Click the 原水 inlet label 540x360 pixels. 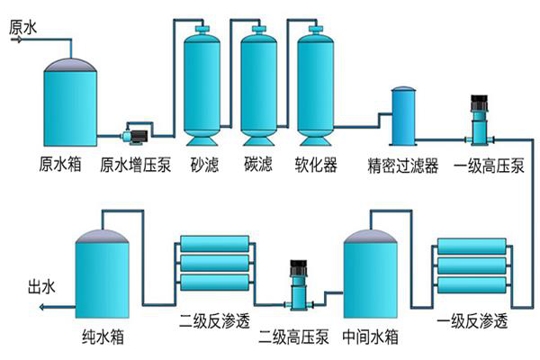[22, 28]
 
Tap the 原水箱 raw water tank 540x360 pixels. [70, 103]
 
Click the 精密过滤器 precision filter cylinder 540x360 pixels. [402, 118]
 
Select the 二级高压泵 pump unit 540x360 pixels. [298, 287]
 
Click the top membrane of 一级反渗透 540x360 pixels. [473, 246]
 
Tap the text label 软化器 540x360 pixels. [316, 166]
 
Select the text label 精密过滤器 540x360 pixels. [402, 166]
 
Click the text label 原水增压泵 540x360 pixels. [134, 166]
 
